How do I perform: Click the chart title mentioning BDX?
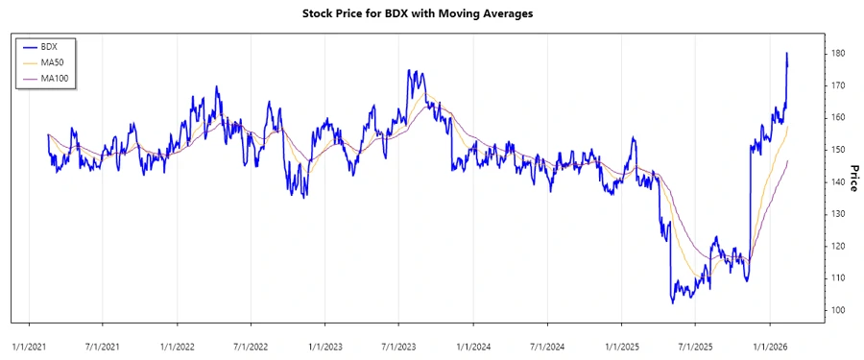(431, 14)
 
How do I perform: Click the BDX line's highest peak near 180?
(787, 54)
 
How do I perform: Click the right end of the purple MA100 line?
(788, 161)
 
